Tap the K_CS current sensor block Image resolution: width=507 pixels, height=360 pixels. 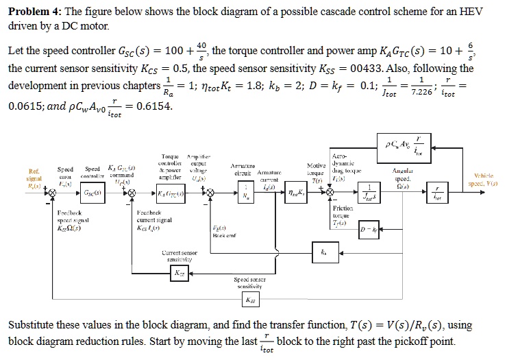[180, 272]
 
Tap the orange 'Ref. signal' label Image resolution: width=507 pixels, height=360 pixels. [33, 178]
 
